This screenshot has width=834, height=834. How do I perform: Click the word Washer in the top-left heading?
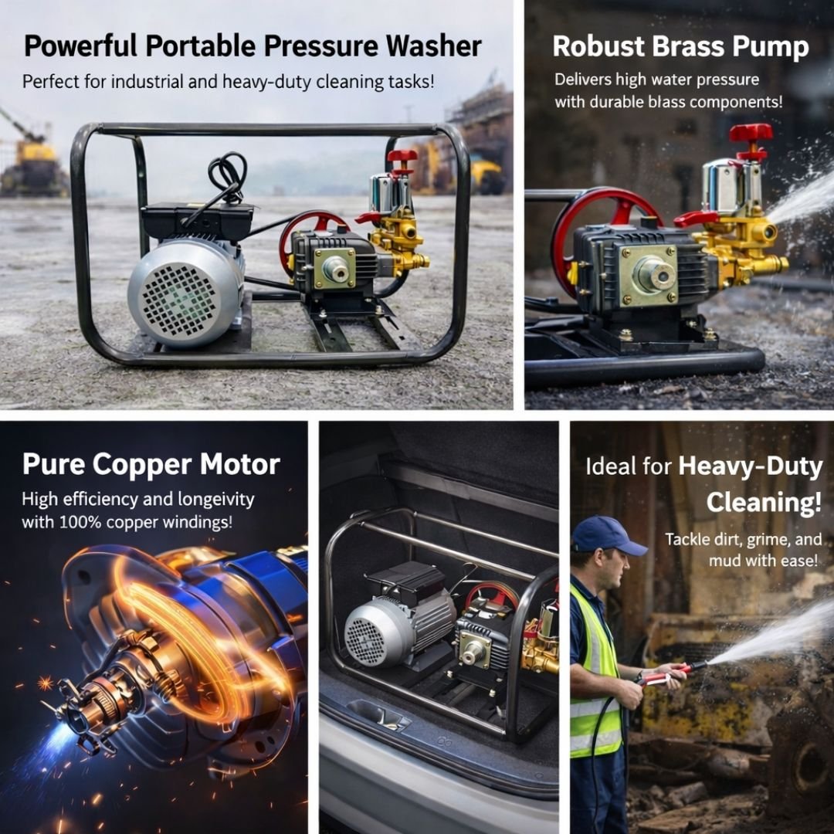click(x=433, y=46)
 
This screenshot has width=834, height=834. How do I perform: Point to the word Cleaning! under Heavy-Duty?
click(x=764, y=503)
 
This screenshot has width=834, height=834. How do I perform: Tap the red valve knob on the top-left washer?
click(x=402, y=156)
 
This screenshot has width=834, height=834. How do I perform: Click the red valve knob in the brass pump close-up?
click(x=751, y=133)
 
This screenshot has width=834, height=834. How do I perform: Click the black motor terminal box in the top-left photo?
click(x=197, y=219)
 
